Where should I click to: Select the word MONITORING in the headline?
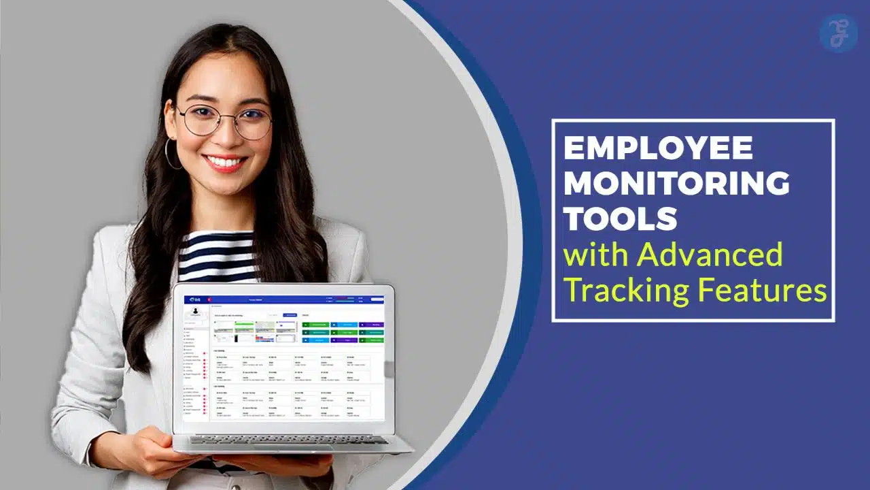[677, 184]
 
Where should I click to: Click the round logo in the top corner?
[838, 33]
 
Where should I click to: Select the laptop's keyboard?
[288, 440]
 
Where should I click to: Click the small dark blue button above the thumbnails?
[290, 315]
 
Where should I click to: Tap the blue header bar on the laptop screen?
[285, 299]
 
